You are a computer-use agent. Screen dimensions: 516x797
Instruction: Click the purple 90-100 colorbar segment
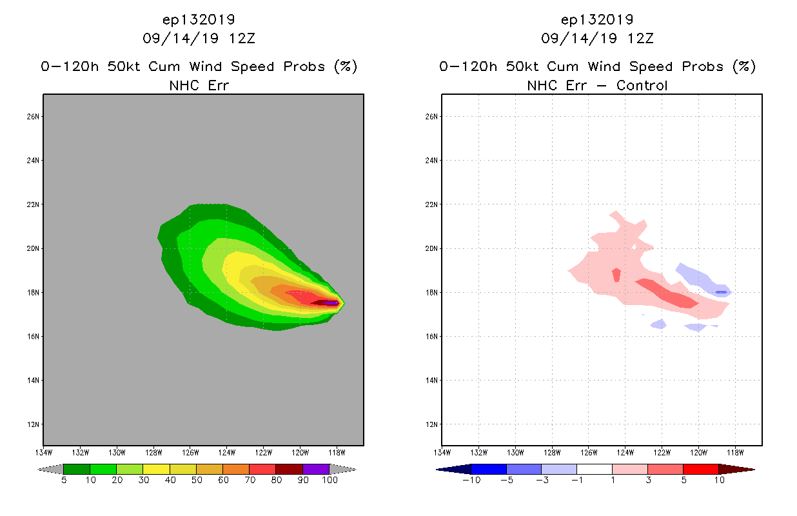coord(316,469)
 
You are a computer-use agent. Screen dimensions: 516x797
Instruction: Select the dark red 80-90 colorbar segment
coord(289,469)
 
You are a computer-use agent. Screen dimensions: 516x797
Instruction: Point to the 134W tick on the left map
coord(44,451)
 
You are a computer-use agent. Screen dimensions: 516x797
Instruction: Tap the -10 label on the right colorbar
coord(471,481)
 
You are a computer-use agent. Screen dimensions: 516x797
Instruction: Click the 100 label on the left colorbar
coord(330,481)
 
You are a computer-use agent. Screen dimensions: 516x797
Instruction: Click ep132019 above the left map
coord(199,19)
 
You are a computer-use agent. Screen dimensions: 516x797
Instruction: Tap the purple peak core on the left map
coord(331,303)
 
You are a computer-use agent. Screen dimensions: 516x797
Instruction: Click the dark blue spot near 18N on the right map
coord(721,292)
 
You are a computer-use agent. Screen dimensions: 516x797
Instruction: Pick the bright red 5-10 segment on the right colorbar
coord(700,469)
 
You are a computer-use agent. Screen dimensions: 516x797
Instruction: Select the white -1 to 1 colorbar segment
coord(594,469)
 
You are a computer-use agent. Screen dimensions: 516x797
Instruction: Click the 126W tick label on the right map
coord(589,451)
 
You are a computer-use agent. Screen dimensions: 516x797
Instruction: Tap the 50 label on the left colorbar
coord(196,481)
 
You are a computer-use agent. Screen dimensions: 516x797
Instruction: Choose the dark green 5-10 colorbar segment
coord(77,469)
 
